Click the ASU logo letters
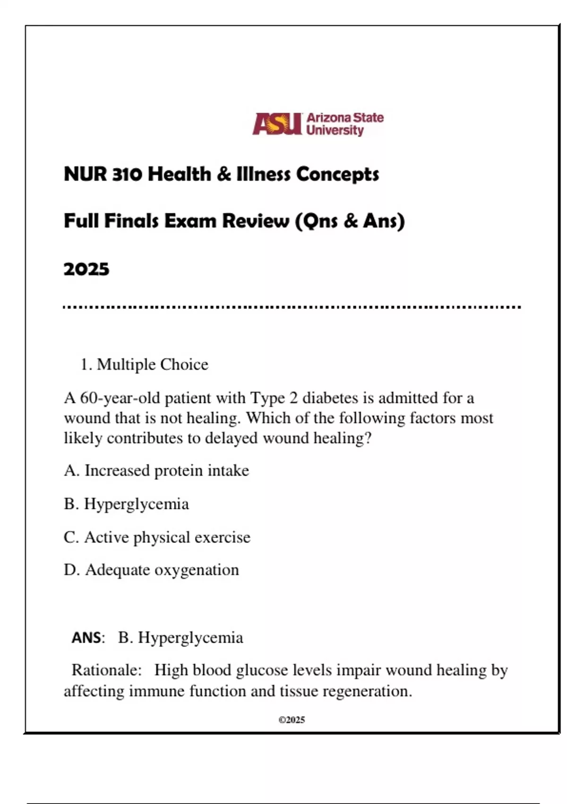277,124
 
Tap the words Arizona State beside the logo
345,118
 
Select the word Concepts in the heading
337,175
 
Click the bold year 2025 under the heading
86,270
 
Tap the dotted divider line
292,307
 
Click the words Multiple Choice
153,365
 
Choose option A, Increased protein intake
156,471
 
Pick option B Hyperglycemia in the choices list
127,504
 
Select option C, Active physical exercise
157,537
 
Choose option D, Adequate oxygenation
152,570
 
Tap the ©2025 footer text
292,720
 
